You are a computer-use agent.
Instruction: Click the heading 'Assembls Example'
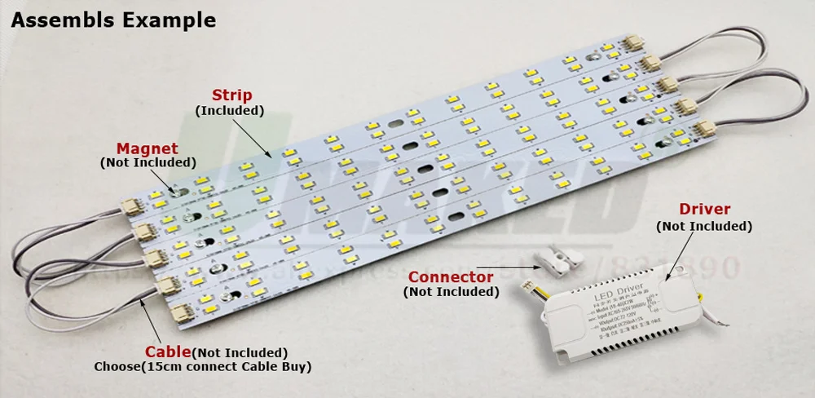pyautogui.click(x=113, y=20)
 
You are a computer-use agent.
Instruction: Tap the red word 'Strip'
pyautogui.click(x=232, y=95)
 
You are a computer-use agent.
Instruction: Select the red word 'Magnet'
pyautogui.click(x=147, y=148)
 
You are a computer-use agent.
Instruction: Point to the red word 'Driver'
pyautogui.click(x=705, y=210)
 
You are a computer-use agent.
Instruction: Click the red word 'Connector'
pyautogui.click(x=451, y=277)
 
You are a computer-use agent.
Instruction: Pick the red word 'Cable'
pyautogui.click(x=168, y=352)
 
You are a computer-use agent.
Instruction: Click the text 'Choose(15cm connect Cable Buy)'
pyautogui.click(x=203, y=367)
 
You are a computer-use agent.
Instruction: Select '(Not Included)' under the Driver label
pyautogui.click(x=704, y=226)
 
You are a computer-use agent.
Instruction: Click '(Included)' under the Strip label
pyautogui.click(x=229, y=110)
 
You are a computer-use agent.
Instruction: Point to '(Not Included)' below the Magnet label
pyautogui.click(x=147, y=163)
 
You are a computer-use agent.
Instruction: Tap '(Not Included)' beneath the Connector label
pyautogui.click(x=451, y=292)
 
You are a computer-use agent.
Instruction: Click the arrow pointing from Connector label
pyautogui.click(x=506, y=265)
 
